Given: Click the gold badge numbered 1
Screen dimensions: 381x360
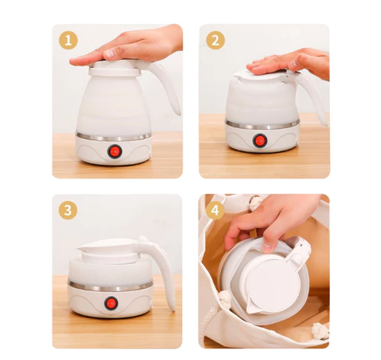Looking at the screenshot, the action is (68, 40).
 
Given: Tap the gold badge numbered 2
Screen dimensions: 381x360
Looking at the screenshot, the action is (216, 40).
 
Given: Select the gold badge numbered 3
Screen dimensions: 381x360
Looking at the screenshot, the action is (68, 210).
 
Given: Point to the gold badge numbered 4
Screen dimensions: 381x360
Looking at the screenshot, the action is (215, 210).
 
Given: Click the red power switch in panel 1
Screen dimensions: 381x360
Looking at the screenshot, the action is (114, 151).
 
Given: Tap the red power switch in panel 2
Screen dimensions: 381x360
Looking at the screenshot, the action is (260, 141).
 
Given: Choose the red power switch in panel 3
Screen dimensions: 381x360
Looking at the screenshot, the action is (111, 304).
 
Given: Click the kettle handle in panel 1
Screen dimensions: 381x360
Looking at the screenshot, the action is (165, 87).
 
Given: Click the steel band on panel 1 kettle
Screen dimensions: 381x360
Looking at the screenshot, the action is (114, 137).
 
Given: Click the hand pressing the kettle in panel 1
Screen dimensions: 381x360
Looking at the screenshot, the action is (129, 46).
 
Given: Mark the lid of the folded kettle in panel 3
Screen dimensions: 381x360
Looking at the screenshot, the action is (108, 246).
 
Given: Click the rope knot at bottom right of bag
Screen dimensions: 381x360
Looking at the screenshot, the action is (321, 331).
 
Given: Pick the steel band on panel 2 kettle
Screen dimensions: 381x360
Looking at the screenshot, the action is (261, 125).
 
